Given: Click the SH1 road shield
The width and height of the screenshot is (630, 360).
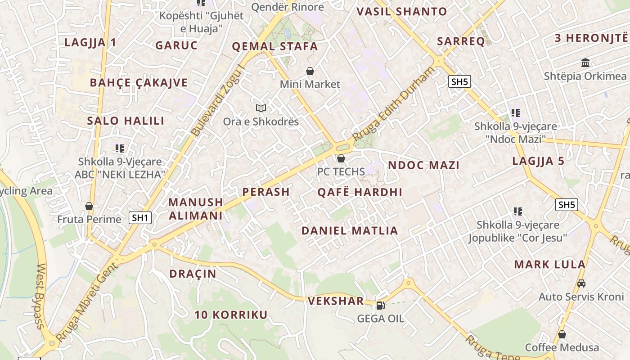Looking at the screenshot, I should click(x=140, y=218).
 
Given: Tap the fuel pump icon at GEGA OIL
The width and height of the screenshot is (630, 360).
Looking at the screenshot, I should click(x=380, y=306).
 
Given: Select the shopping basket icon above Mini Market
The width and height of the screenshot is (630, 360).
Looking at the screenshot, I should click(x=310, y=71).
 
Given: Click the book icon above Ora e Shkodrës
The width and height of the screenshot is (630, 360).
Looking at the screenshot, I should click(x=261, y=108).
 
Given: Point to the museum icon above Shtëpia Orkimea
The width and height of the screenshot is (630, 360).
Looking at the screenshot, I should click(x=585, y=63).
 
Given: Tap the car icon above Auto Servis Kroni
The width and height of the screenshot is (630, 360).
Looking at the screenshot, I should click(x=581, y=283).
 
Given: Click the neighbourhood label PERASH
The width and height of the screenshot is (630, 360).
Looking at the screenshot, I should click(x=265, y=192).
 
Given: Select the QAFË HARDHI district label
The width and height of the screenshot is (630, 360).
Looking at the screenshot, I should click(x=360, y=192).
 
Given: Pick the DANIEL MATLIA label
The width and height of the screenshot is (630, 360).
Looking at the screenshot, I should click(x=350, y=231).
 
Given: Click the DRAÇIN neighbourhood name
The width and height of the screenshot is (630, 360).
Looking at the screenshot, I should click(x=193, y=274).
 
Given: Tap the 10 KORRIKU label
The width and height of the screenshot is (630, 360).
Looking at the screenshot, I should click(x=231, y=315).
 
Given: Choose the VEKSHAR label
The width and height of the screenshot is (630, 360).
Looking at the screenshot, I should click(x=336, y=301).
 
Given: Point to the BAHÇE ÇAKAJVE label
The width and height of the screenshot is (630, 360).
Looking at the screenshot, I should click(x=139, y=83).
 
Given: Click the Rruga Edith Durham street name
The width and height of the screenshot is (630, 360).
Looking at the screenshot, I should click(x=394, y=104).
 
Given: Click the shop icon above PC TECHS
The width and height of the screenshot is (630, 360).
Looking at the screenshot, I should click(x=341, y=158).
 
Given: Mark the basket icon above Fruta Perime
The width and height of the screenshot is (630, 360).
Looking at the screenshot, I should click(x=89, y=206).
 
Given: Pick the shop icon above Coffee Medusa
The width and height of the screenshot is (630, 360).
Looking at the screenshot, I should click(x=562, y=334).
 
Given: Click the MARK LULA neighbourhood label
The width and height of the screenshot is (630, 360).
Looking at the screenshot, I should click(x=549, y=264).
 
